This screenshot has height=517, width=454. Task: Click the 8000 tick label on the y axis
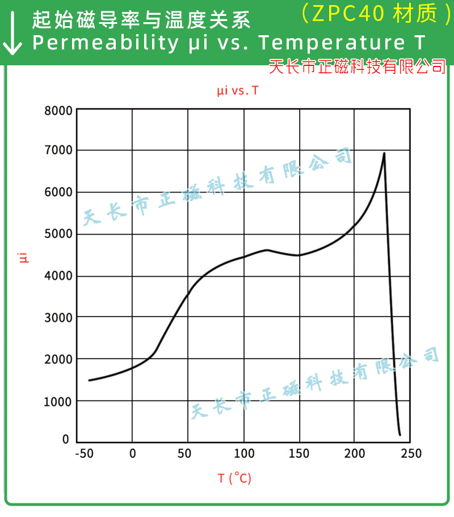click(x=58, y=110)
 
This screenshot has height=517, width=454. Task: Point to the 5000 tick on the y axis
click(x=58, y=234)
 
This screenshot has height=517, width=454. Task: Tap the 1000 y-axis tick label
click(x=58, y=401)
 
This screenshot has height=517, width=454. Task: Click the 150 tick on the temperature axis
click(x=299, y=453)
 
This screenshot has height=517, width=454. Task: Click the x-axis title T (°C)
click(x=234, y=478)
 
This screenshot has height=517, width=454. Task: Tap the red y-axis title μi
click(x=23, y=257)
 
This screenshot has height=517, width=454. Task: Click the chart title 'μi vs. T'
click(x=237, y=90)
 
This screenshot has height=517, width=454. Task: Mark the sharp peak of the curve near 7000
click(x=384, y=153)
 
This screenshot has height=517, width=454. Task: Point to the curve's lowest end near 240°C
click(x=400, y=435)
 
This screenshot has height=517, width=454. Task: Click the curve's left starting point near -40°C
click(x=89, y=380)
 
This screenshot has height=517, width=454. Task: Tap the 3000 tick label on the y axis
click(x=58, y=318)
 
